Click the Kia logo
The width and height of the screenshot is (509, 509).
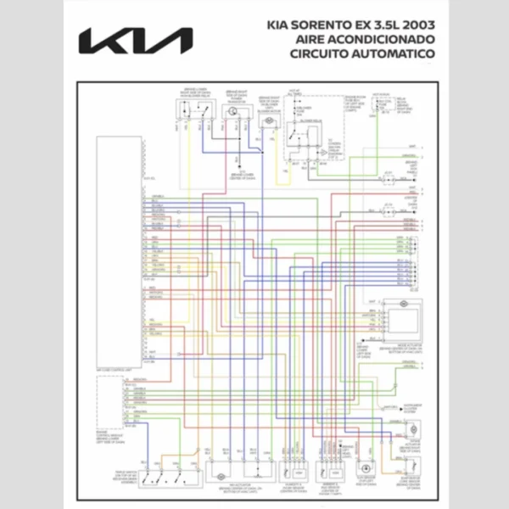tap(136, 41)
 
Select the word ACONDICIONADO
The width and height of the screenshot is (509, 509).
tap(381, 40)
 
